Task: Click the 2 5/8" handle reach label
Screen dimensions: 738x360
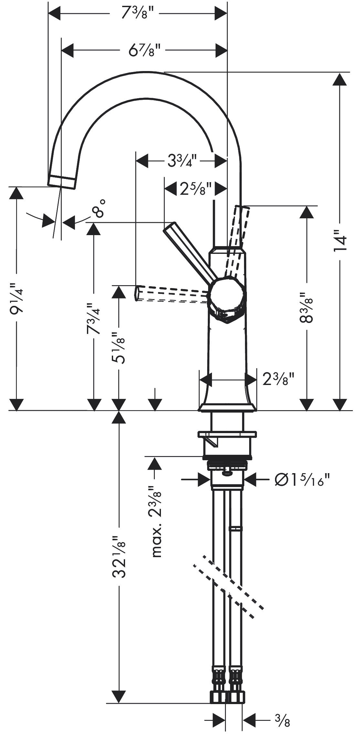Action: pyautogui.click(x=196, y=189)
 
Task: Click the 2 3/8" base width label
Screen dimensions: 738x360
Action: pyautogui.click(x=278, y=379)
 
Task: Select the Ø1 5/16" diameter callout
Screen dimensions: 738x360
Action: pyautogui.click(x=302, y=480)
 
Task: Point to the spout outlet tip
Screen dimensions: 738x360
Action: pyautogui.click(x=62, y=181)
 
